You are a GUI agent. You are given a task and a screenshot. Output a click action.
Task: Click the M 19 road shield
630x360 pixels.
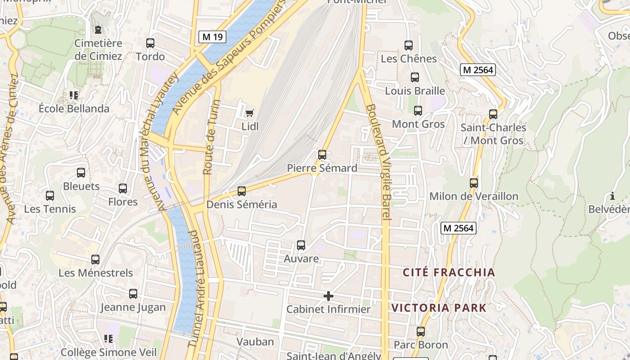click(212, 37)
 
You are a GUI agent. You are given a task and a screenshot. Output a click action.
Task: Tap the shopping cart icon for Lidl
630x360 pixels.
click(249, 113)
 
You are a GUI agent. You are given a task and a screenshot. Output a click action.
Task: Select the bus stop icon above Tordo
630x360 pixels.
click(150, 43)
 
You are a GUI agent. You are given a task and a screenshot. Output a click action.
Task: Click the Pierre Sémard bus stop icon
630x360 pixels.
click(322, 155)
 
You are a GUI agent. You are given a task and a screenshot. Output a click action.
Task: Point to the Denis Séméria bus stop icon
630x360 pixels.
click(242, 191)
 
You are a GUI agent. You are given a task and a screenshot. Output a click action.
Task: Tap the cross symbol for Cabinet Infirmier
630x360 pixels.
click(328, 296)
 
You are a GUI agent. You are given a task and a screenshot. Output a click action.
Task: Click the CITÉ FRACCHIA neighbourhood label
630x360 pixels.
click(449, 272)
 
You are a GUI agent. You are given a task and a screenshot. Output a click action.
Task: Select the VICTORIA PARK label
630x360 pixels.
click(439, 308)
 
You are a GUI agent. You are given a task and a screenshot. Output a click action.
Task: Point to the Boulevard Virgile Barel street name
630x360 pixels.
click(378, 162)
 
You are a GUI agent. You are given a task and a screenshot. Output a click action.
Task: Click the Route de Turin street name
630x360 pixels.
click(210, 137)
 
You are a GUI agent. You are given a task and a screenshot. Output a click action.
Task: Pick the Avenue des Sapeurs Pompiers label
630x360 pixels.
click(229, 58)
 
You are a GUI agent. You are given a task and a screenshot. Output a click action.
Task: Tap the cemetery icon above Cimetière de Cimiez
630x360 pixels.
click(98, 30)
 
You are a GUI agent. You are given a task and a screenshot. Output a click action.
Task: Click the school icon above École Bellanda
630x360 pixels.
click(74, 95)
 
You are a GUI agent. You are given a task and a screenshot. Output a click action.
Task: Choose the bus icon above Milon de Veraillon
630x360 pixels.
click(474, 183)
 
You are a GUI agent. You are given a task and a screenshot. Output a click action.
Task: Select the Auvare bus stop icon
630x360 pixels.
click(301, 245)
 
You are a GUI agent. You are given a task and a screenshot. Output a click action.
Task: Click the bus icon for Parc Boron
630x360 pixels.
click(421, 332)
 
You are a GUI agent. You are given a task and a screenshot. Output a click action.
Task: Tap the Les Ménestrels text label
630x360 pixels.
click(96, 273)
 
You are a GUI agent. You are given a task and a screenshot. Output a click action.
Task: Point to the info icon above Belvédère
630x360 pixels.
click(612, 196)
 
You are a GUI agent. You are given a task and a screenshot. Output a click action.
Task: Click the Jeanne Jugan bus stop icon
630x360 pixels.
click(133, 294)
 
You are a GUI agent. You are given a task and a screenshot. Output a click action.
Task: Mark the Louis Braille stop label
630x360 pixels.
click(415, 90)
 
